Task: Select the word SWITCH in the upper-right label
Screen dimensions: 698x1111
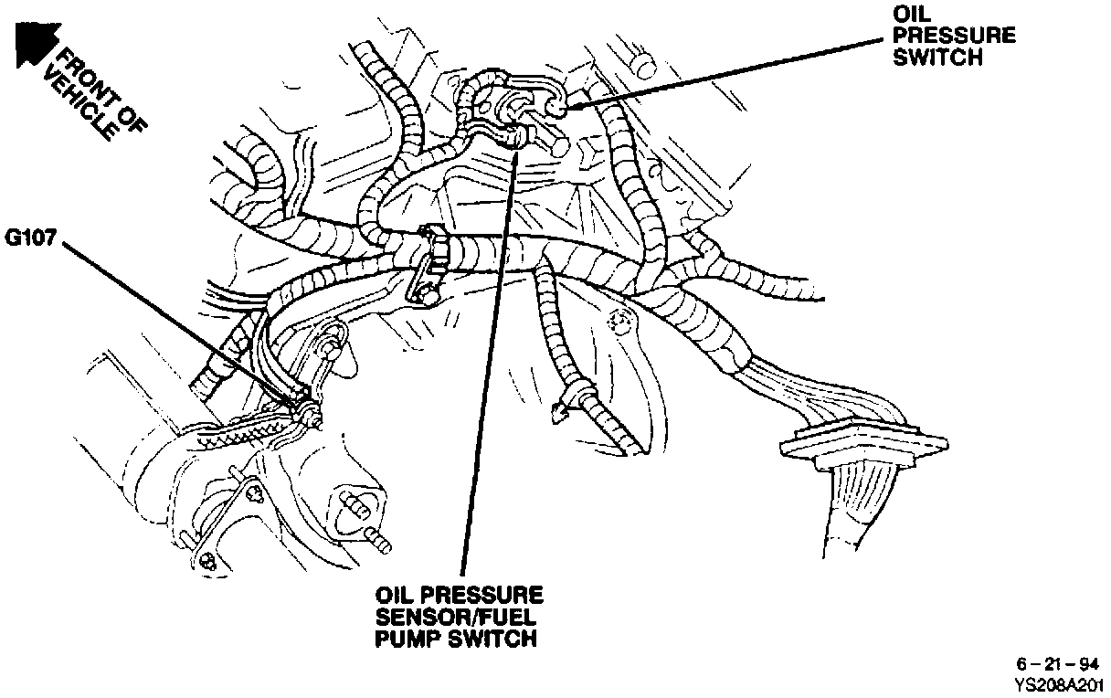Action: tap(937, 57)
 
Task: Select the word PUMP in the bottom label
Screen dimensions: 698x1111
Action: tap(407, 638)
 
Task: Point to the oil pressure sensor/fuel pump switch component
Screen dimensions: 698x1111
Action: tap(516, 137)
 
